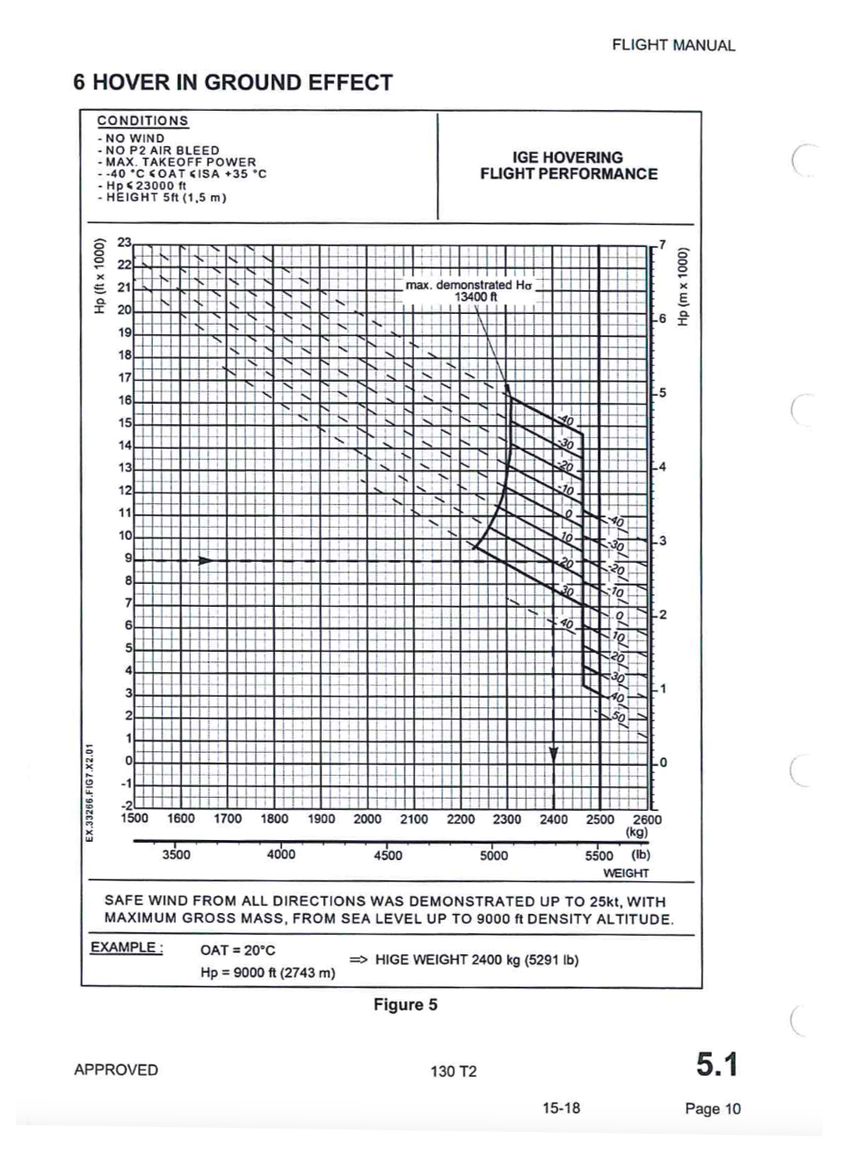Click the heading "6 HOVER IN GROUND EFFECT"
(x=233, y=83)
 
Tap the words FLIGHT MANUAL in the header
(x=673, y=46)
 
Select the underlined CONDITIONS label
(x=142, y=121)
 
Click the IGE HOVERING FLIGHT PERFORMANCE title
(x=568, y=165)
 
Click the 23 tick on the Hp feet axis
(x=125, y=242)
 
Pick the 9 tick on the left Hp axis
(x=127, y=558)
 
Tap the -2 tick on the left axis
(x=126, y=805)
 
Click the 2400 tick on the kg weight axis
(x=553, y=819)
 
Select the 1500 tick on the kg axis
(x=135, y=819)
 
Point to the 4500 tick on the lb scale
(x=388, y=855)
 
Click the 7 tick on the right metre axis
(x=663, y=244)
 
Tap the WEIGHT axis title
(x=625, y=873)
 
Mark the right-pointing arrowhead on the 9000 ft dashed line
(x=206, y=560)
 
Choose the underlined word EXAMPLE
(x=126, y=947)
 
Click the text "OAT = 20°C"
(x=237, y=950)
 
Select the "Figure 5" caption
(x=405, y=1004)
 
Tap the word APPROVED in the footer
(x=116, y=1070)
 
